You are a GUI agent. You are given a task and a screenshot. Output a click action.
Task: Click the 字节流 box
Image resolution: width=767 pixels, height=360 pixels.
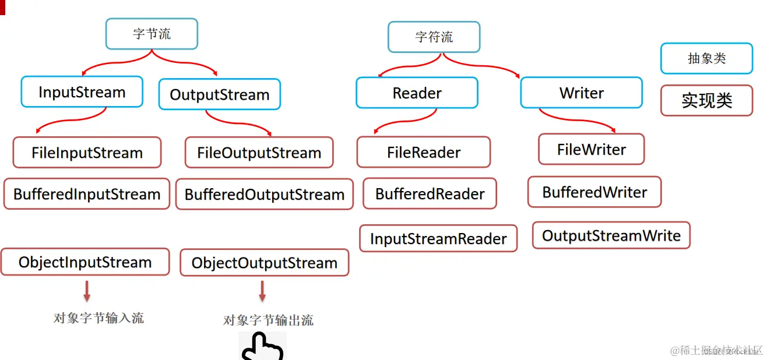pyautogui.click(x=152, y=34)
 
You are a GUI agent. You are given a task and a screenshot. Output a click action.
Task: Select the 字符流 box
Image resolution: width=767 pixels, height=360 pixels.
pyautogui.click(x=434, y=37)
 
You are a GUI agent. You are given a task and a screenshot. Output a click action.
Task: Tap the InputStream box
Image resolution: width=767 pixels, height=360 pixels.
pyautogui.click(x=82, y=92)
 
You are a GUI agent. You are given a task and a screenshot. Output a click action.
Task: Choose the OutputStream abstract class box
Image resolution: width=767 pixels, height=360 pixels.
pyautogui.click(x=220, y=94)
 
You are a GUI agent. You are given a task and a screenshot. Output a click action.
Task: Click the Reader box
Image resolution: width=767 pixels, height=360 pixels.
pyautogui.click(x=417, y=93)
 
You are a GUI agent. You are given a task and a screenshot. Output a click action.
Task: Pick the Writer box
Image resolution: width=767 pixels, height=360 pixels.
pyautogui.click(x=581, y=93)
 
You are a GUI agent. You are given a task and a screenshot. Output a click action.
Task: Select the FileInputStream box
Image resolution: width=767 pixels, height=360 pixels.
pyautogui.click(x=87, y=153)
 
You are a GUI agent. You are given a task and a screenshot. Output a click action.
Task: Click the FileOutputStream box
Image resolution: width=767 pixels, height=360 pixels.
pyautogui.click(x=259, y=153)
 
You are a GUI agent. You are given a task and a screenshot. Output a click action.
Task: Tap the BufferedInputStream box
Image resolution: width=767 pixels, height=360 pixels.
pyautogui.click(x=87, y=194)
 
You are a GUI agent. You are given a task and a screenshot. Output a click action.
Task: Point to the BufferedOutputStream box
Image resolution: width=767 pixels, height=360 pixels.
pyautogui.click(x=265, y=194)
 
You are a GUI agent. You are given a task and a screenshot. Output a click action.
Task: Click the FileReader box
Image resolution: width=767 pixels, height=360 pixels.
pyautogui.click(x=424, y=152)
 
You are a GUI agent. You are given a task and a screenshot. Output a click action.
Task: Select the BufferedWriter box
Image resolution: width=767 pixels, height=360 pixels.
pyautogui.click(x=594, y=192)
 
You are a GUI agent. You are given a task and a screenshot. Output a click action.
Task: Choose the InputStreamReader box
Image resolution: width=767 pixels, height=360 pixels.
pyautogui.click(x=438, y=238)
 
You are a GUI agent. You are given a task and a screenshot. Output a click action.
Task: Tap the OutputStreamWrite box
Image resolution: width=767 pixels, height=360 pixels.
pyautogui.click(x=611, y=235)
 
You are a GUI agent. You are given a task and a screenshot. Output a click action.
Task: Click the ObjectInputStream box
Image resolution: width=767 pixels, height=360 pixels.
pyautogui.click(x=85, y=262)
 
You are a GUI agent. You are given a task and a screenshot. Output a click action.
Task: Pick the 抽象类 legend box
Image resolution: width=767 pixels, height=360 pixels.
pyautogui.click(x=706, y=58)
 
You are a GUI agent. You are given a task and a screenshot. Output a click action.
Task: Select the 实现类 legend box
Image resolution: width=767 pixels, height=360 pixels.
pyautogui.click(x=706, y=101)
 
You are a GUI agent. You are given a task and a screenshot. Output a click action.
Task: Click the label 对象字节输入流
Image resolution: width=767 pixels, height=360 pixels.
pyautogui.click(x=98, y=318)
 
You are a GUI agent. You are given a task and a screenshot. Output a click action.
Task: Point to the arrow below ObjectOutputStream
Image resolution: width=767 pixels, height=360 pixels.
pyautogui.click(x=262, y=291)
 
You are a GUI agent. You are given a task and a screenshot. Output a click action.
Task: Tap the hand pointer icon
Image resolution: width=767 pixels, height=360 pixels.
pyautogui.click(x=262, y=347)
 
